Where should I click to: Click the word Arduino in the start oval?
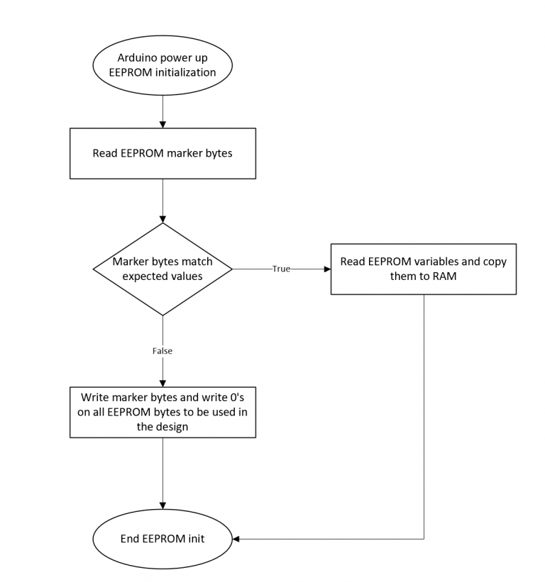pos(136,58)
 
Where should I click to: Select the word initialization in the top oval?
pos(185,72)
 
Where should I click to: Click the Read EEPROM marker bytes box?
pos(163,153)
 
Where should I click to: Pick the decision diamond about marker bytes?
pos(163,269)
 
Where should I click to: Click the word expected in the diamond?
pos(145,276)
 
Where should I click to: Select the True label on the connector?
pos(281,269)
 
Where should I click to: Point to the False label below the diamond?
pos(163,351)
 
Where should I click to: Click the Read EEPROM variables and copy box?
pos(424,269)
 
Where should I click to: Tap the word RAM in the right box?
pos(445,276)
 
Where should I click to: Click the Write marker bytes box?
pos(163,412)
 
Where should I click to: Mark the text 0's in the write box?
pos(237,398)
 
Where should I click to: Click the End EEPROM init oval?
pos(163,539)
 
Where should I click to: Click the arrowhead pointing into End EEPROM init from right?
pos(236,539)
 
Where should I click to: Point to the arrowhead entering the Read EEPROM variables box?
pos(327,269)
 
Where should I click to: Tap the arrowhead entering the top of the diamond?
pos(163,219)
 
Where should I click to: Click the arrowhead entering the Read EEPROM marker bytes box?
pos(163,125)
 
